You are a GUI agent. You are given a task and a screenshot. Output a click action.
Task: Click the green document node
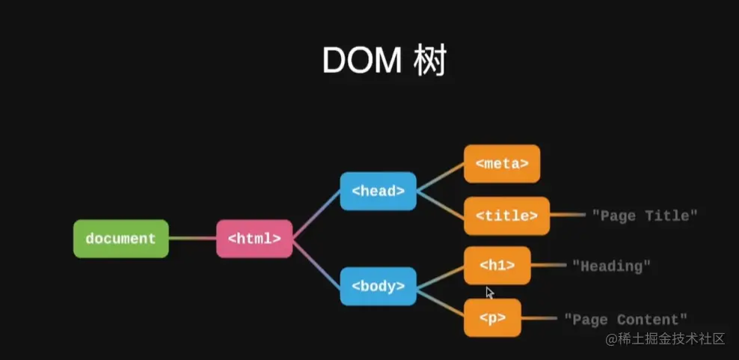[x=120, y=239]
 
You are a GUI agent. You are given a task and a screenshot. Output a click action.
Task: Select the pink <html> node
[x=254, y=239]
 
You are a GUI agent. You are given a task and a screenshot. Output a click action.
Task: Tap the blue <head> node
[x=378, y=191]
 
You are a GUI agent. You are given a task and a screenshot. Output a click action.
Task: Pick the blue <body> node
[x=378, y=285]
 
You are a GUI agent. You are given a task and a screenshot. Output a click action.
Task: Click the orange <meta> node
[x=501, y=163]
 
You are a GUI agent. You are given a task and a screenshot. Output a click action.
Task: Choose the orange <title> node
[x=506, y=216]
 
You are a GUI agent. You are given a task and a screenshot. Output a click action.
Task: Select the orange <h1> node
[x=497, y=265]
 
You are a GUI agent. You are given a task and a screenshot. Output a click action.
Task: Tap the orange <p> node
[x=492, y=318]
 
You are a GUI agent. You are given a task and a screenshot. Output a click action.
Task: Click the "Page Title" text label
[x=645, y=216]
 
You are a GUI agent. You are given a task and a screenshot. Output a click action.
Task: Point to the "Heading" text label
[x=611, y=265]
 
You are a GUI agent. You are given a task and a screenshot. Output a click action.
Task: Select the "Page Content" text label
[x=625, y=319]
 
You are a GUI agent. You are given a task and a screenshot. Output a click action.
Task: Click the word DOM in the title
[x=361, y=61]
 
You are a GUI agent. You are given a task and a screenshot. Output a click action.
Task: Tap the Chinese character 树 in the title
[x=429, y=61]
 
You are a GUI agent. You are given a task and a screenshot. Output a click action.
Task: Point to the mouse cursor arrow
[x=490, y=293]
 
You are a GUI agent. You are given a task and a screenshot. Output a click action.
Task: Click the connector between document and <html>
[x=192, y=239]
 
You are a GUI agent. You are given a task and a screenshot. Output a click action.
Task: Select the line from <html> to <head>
[x=316, y=216]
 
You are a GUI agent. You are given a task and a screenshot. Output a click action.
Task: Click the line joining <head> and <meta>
[x=440, y=177]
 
